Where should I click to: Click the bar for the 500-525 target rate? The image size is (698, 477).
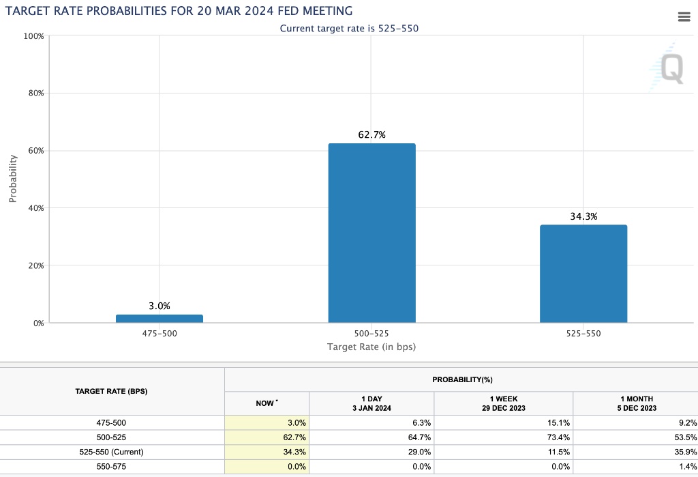371,233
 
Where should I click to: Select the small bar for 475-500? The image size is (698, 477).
160,318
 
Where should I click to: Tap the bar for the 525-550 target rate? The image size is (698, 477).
583,273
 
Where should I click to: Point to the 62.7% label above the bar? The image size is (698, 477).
371,135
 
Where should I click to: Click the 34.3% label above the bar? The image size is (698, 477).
583,216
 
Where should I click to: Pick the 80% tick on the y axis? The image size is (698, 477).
35,93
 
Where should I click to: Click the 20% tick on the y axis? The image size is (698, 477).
35,265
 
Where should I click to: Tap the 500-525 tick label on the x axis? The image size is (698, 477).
371,334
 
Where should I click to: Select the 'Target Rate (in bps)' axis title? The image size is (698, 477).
371,347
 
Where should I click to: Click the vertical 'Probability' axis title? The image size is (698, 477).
13,179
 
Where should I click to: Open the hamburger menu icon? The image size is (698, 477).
684,17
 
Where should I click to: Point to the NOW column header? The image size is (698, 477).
266,403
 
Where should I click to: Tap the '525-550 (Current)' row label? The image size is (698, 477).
112,452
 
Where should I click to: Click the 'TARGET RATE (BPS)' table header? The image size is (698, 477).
112,392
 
